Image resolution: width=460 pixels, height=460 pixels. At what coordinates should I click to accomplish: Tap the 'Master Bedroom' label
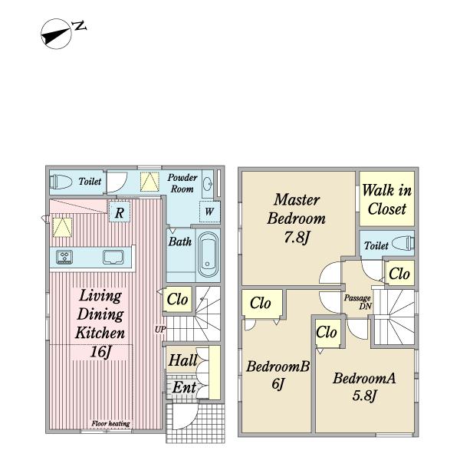[297, 209]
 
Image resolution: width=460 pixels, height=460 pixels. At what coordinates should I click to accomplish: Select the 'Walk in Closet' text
[386, 199]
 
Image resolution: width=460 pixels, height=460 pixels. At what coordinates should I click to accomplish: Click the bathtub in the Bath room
[208, 255]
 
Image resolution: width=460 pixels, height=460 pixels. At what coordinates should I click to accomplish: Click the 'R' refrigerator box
[119, 213]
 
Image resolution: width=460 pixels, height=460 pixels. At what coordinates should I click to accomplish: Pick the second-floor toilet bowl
[403, 245]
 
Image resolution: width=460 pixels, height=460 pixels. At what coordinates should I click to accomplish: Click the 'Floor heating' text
[110, 424]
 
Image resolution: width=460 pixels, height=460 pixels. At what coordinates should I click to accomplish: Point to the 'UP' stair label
[159, 330]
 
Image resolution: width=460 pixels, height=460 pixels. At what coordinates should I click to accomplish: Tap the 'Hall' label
[183, 360]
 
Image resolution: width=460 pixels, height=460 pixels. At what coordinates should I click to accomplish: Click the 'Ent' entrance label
[183, 387]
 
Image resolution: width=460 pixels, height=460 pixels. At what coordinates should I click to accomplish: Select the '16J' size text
[99, 353]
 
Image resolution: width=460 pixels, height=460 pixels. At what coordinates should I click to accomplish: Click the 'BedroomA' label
[363, 378]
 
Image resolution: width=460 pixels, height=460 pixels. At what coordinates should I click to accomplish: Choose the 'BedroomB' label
[278, 367]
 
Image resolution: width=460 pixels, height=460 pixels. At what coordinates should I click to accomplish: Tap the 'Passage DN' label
[356, 301]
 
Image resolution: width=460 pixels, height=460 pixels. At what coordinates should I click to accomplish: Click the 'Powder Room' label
[182, 182]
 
